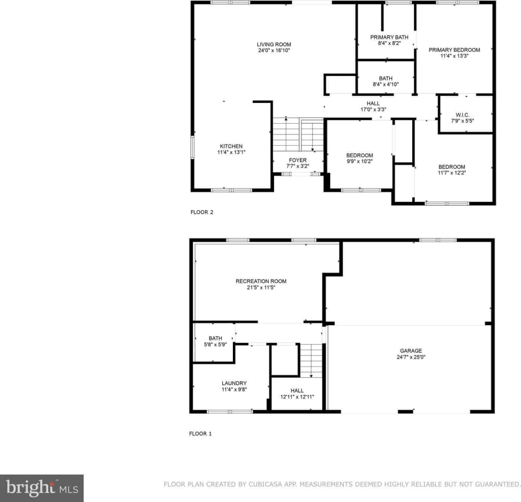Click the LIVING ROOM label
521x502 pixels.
(274, 44)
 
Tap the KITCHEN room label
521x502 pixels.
(231, 146)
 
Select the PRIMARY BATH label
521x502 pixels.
(389, 37)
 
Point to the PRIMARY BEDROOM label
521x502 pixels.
(454, 50)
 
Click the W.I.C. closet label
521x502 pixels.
(463, 115)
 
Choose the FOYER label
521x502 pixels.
(298, 160)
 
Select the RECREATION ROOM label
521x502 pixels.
(261, 281)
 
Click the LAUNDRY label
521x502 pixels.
(234, 383)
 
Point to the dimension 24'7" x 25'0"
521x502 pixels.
(411, 357)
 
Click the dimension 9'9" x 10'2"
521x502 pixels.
(359, 161)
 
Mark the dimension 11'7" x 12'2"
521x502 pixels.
(452, 173)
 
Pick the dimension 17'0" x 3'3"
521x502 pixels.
(373, 109)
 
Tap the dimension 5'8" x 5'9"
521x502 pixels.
(215, 344)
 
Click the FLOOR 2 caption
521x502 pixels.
(202, 212)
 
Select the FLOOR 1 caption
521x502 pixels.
(200, 433)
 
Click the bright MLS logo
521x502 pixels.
(42, 488)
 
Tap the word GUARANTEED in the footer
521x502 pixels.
(496, 484)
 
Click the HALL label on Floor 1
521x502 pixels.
(297, 391)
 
